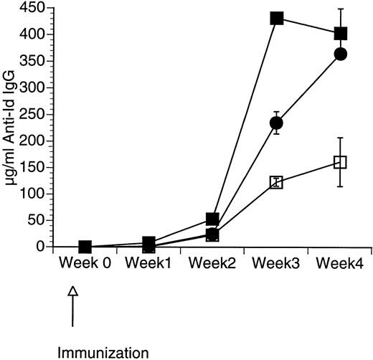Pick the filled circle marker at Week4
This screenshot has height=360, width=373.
pyautogui.click(x=341, y=55)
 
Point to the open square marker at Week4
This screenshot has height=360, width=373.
pyautogui.click(x=341, y=162)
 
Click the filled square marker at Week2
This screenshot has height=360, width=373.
pyautogui.click(x=212, y=219)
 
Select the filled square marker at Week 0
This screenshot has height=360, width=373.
pyautogui.click(x=85, y=247)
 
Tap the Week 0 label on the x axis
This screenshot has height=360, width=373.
pyautogui.click(x=85, y=263)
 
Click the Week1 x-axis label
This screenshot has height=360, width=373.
pyautogui.click(x=148, y=263)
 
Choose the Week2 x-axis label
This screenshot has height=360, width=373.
pyautogui.click(x=212, y=263)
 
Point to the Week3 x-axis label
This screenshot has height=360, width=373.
pyautogui.click(x=276, y=263)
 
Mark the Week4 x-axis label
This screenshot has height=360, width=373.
pyautogui.click(x=340, y=263)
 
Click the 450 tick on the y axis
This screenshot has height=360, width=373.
pyautogui.click(x=39, y=8)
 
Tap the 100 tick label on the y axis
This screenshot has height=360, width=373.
pyautogui.click(x=39, y=194)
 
